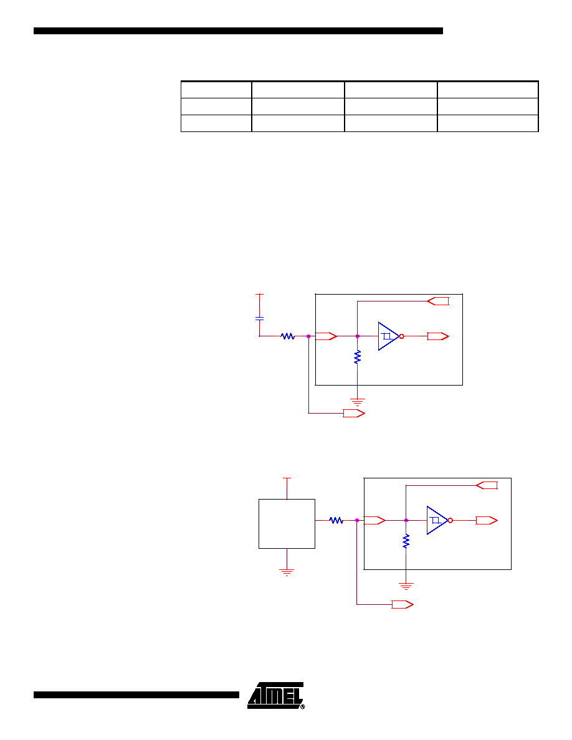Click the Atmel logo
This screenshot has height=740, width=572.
276,695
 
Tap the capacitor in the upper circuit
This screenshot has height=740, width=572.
259,318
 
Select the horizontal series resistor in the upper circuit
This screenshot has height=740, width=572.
288,336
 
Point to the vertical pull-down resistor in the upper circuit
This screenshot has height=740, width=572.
357,357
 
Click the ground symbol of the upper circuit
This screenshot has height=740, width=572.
357,402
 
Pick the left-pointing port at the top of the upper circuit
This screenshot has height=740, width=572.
438,301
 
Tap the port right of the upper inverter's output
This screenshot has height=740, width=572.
438,336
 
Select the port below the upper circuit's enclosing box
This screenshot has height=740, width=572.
354,414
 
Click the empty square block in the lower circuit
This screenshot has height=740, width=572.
287,524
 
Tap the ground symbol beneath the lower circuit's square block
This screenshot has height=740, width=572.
287,572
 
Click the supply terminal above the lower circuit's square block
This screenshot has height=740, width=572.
287,478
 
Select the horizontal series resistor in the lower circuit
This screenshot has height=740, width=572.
336,520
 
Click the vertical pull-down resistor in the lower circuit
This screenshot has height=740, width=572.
406,541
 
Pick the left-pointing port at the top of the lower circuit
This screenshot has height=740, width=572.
487,485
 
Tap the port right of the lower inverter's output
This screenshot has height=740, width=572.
487,520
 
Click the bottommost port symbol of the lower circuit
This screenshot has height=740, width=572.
403,605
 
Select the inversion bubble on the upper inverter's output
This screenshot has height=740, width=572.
402,336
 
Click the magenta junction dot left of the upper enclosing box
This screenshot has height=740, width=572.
308,336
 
